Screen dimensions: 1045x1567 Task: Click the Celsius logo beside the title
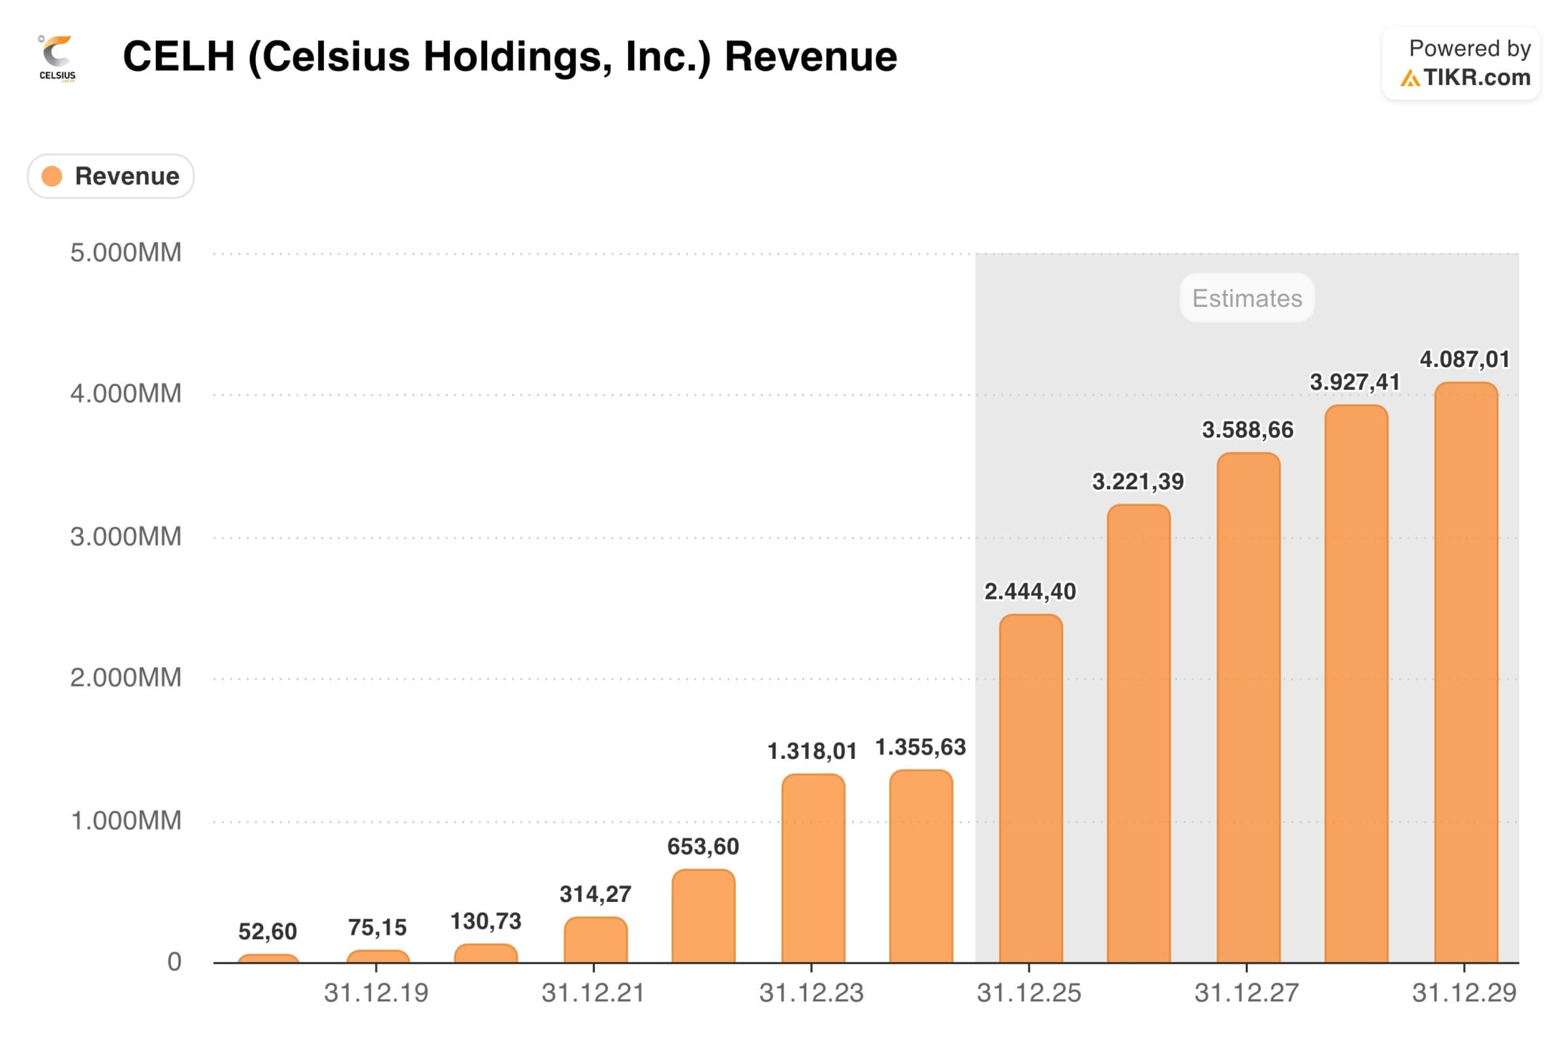pyautogui.click(x=57, y=57)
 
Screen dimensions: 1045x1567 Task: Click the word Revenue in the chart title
pyautogui.click(x=810, y=56)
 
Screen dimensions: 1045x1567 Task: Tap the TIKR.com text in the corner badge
pyautogui.click(x=1476, y=78)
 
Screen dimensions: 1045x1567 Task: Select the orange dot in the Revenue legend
pyautogui.click(x=52, y=176)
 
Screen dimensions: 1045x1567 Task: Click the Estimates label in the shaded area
pyautogui.click(x=1246, y=298)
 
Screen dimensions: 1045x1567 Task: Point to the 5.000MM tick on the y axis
pyautogui.click(x=125, y=253)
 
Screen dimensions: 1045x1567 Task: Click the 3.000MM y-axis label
pyautogui.click(x=125, y=536)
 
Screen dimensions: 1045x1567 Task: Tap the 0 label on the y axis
pyautogui.click(x=174, y=961)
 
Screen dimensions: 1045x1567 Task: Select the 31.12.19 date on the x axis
pyautogui.click(x=376, y=993)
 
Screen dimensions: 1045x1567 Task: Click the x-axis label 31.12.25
pyautogui.click(x=1029, y=993)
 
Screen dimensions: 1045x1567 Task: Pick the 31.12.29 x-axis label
pyautogui.click(x=1464, y=993)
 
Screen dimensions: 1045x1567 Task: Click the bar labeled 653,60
pyautogui.click(x=703, y=916)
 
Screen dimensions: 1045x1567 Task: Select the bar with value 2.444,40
pyautogui.click(x=1030, y=790)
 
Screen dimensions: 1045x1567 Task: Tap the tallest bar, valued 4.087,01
pyautogui.click(x=1466, y=673)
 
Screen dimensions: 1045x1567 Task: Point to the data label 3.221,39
pyautogui.click(x=1137, y=481)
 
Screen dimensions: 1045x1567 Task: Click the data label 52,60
pyautogui.click(x=267, y=931)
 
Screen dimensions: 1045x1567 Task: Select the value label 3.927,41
pyautogui.click(x=1354, y=382)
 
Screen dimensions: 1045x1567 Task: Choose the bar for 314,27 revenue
pyautogui.click(x=595, y=940)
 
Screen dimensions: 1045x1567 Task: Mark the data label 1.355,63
pyautogui.click(x=920, y=747)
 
